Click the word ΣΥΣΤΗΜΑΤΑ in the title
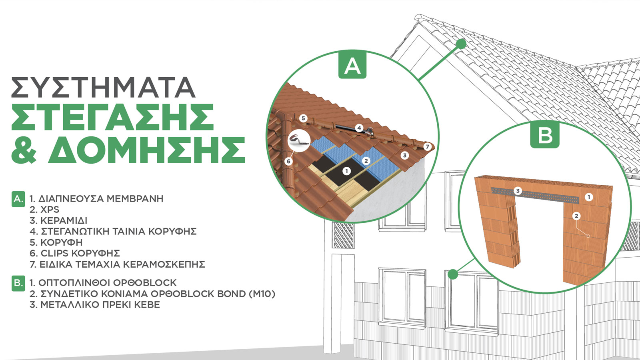pos(103,87)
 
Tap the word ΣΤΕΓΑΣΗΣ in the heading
pos(112,117)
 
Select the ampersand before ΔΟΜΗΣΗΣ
pos(24,150)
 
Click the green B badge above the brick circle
pos(545,135)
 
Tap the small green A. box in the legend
pos(18,199)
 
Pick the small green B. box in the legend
pos(18,283)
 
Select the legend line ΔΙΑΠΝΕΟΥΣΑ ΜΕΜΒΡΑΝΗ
pos(101,198)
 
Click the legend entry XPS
pos(50,210)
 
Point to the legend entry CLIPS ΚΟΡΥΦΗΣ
pos(80,253)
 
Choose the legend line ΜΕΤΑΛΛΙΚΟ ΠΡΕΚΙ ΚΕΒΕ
pos(100,304)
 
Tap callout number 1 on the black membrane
pos(346,171)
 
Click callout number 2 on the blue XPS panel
pos(366,161)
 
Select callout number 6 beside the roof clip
pos(288,162)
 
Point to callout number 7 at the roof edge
pos(428,147)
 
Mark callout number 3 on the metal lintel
pos(518,191)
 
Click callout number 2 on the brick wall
pos(576,216)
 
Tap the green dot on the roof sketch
pos(461,44)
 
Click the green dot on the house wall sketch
pos(452,274)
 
